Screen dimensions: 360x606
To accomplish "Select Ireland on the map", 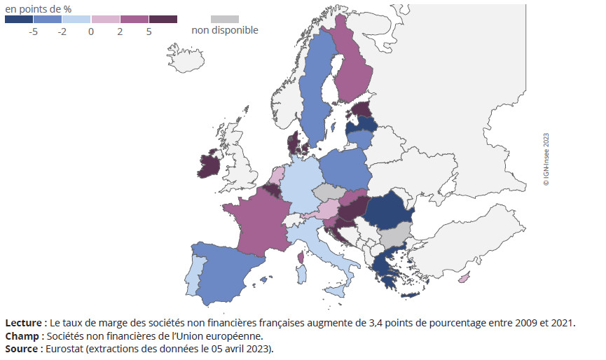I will pyautogui.click(x=209, y=166).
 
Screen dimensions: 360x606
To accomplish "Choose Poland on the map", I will pyautogui.click(x=345, y=172).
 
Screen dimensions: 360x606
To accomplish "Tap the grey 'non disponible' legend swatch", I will pyautogui.click(x=224, y=19).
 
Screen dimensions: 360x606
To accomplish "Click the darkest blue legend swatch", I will pyautogui.click(x=19, y=19).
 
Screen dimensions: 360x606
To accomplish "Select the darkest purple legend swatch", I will pyautogui.click(x=163, y=19).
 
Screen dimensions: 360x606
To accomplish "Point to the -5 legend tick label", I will pyautogui.click(x=33, y=32).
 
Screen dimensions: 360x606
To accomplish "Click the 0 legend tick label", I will pyautogui.click(x=91, y=32).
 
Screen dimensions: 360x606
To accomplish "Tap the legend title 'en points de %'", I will pyautogui.click(x=38, y=8).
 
